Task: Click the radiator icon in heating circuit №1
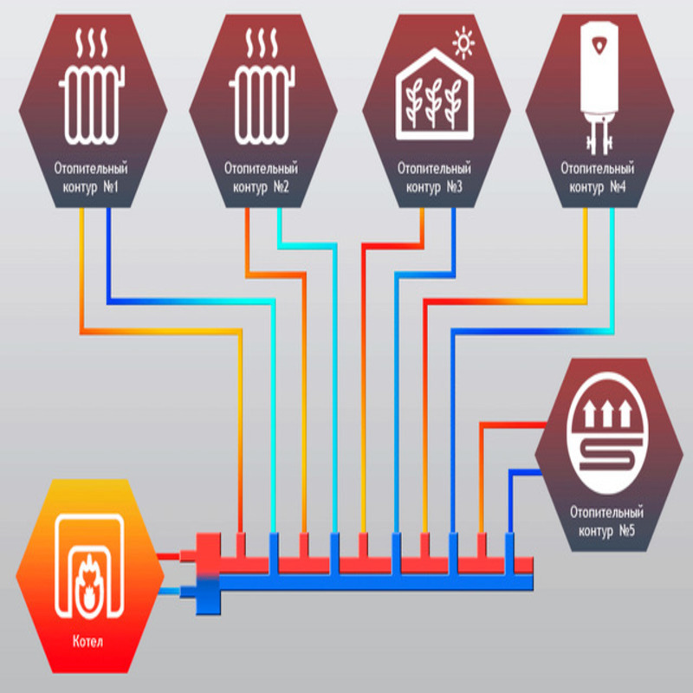[x=92, y=106]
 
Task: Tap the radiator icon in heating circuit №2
[x=262, y=106]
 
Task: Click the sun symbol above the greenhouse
[x=463, y=42]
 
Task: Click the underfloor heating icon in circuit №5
[x=610, y=432]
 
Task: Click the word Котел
[x=88, y=641]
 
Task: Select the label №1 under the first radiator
[x=111, y=187]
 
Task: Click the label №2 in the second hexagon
[x=281, y=187]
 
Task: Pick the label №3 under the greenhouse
[x=454, y=187]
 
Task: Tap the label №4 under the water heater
[x=618, y=187]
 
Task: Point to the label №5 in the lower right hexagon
[x=626, y=530]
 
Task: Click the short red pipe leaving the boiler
[x=168, y=556]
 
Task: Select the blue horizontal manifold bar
[x=376, y=582]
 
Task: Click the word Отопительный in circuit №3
[x=435, y=168]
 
